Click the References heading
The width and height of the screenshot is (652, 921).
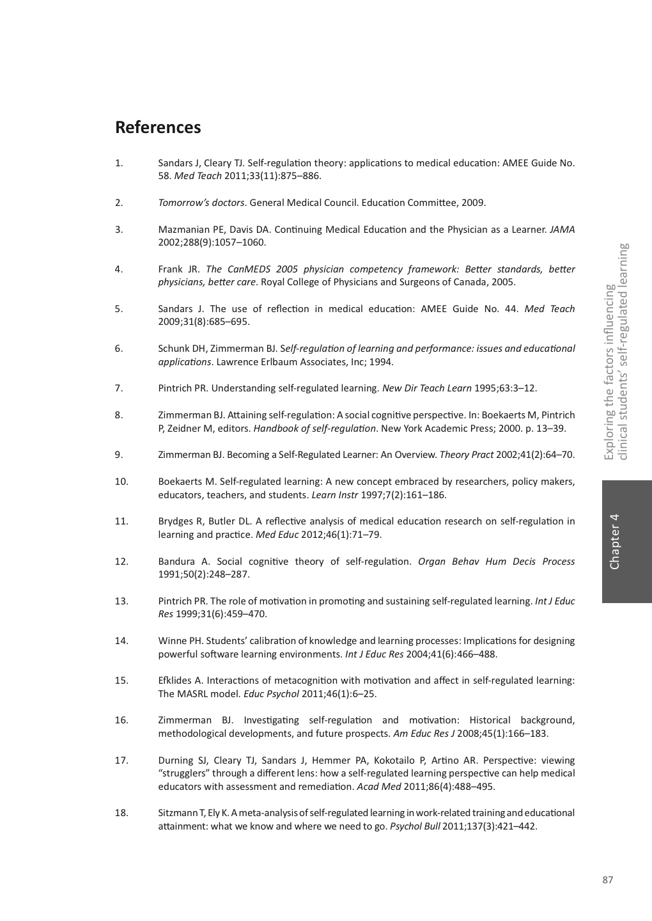tap(158, 127)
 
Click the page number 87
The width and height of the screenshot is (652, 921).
tap(607, 880)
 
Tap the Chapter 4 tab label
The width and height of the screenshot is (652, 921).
tap(614, 541)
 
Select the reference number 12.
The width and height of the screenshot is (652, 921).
tap(121, 562)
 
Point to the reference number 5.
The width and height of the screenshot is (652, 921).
tap(119, 309)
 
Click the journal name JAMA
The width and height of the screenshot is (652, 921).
tap(562, 230)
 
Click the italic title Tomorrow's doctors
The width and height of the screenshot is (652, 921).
tap(201, 203)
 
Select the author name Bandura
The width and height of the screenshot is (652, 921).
tap(176, 562)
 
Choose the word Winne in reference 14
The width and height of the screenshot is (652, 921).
tap(171, 641)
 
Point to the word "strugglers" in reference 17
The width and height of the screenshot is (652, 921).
tap(185, 773)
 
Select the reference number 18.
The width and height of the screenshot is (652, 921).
tap(121, 813)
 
